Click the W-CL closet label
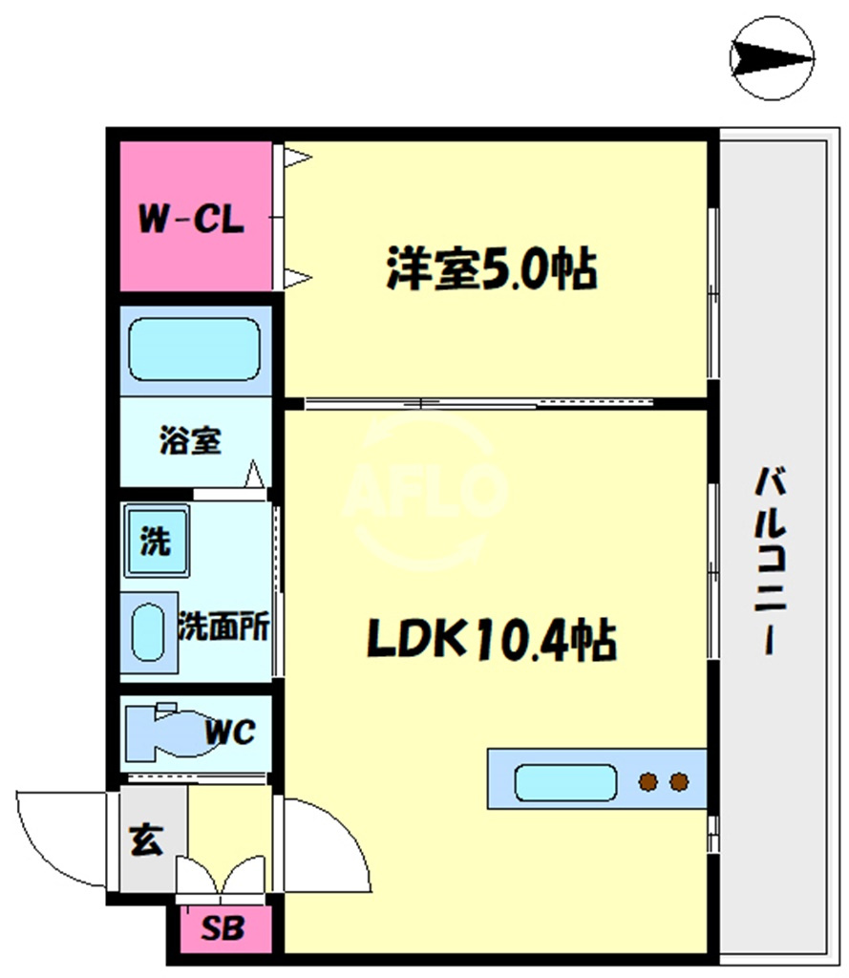(x=191, y=219)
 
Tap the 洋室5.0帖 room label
(x=492, y=268)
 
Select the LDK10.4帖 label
(x=492, y=639)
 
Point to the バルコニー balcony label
(x=771, y=560)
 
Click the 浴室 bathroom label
(x=190, y=439)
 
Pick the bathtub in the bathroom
(x=194, y=350)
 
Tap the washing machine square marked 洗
(x=157, y=541)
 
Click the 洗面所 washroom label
(x=223, y=626)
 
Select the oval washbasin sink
(x=148, y=632)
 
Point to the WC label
(x=230, y=732)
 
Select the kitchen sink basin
(x=565, y=782)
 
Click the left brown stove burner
(x=648, y=781)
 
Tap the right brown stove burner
(x=679, y=781)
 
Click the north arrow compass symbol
(x=772, y=58)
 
